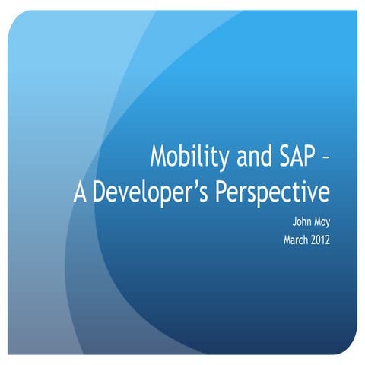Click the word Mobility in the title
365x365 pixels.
(187, 157)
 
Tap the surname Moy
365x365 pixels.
(320, 224)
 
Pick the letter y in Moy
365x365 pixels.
(327, 226)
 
